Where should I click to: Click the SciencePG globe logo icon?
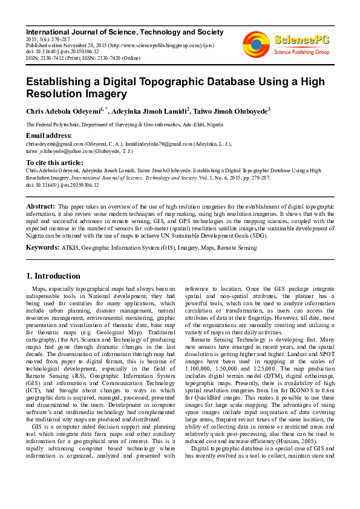(x=256, y=44)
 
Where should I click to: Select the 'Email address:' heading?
(x=49, y=135)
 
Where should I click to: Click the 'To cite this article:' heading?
(x=54, y=163)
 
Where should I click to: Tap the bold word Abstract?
(x=41, y=207)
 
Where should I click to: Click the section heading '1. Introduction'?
(x=54, y=276)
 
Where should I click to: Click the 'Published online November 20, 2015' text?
(x=67, y=45)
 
